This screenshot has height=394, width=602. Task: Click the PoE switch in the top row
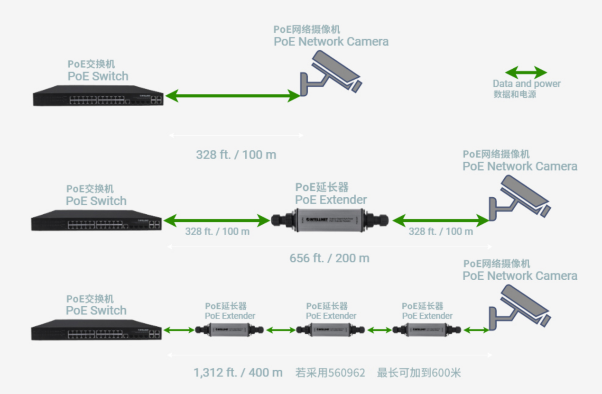(x=98, y=96)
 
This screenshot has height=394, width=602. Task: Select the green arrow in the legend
(x=526, y=73)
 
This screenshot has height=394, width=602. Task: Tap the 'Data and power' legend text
(x=527, y=84)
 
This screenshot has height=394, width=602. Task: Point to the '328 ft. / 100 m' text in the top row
(x=236, y=155)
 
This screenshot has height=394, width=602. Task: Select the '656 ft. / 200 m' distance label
(x=329, y=258)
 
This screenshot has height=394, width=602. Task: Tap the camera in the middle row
(x=519, y=197)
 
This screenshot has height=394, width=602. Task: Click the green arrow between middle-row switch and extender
(x=216, y=220)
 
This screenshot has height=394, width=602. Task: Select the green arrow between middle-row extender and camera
(x=441, y=220)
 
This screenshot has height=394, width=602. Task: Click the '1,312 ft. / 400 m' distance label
(x=238, y=373)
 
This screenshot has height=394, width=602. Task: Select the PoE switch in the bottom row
(x=96, y=330)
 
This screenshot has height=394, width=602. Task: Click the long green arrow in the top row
(x=232, y=96)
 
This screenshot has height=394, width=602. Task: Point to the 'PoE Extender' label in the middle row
(x=331, y=200)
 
